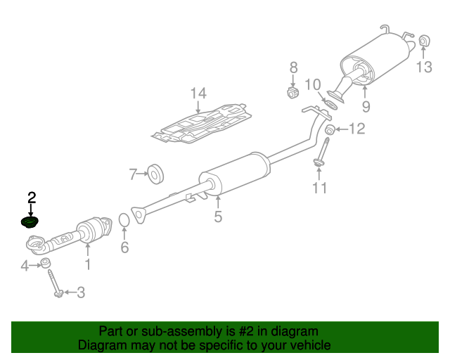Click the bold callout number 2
pos(32,198)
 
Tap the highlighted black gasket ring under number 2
pos(30,222)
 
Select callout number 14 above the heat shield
pos(198,94)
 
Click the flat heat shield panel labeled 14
pos(202,124)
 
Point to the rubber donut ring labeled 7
pos(155,174)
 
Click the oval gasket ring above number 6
pos(124,220)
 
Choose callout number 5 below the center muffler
pos(218,216)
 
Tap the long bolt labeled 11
pos(322,153)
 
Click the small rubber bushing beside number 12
pos(330,129)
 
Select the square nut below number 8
pos(292,92)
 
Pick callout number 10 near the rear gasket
pos(312,84)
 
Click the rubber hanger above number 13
pos(424,41)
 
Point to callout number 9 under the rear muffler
pos(366,106)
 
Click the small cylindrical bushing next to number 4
pos(45,263)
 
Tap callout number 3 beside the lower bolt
pos(82,292)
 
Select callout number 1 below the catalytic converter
pos(88,264)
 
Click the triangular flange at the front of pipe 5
pos(139,214)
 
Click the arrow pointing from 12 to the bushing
pos(342,129)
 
